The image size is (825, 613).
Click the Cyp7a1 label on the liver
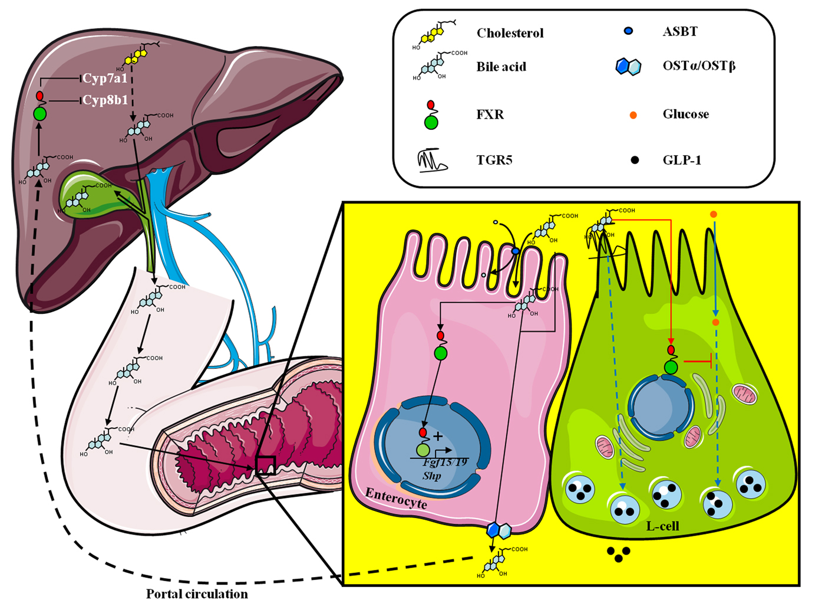point(104,78)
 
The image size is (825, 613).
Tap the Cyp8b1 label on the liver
point(104,100)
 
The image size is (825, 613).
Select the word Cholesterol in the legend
point(510,33)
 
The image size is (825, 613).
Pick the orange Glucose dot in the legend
point(633,115)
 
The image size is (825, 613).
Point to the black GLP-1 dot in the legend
point(634,160)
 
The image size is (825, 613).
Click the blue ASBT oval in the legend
point(628,31)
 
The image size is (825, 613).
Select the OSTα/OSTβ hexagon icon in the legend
point(628,67)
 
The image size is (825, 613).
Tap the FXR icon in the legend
point(431,115)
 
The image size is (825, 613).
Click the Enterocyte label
point(395,498)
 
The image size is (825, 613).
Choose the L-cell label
point(662,526)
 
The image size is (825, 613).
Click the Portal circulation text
point(197,594)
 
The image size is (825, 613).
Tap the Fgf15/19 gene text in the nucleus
point(445,462)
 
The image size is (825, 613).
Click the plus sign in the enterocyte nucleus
point(438,437)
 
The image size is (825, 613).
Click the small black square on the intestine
point(265,466)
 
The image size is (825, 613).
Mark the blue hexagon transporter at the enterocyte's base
point(499,530)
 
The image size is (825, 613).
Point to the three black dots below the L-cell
point(618,554)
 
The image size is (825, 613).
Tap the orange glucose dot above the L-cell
point(714,214)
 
